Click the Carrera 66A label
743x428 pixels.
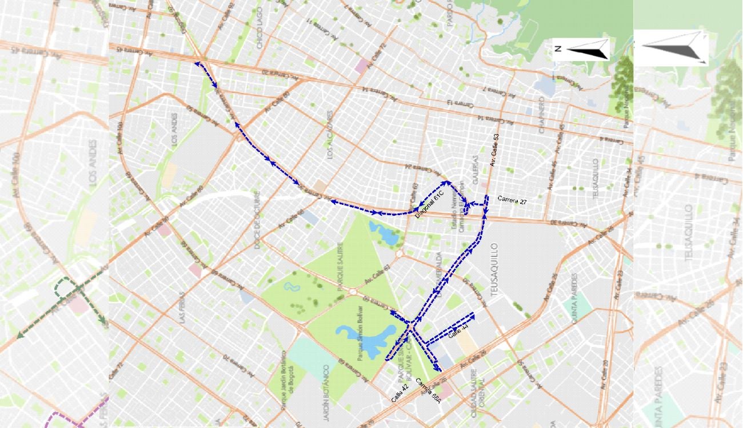click(x=429, y=391)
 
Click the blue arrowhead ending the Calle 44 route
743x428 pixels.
click(x=472, y=314)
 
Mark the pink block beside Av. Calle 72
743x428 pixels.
click(x=361, y=66)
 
